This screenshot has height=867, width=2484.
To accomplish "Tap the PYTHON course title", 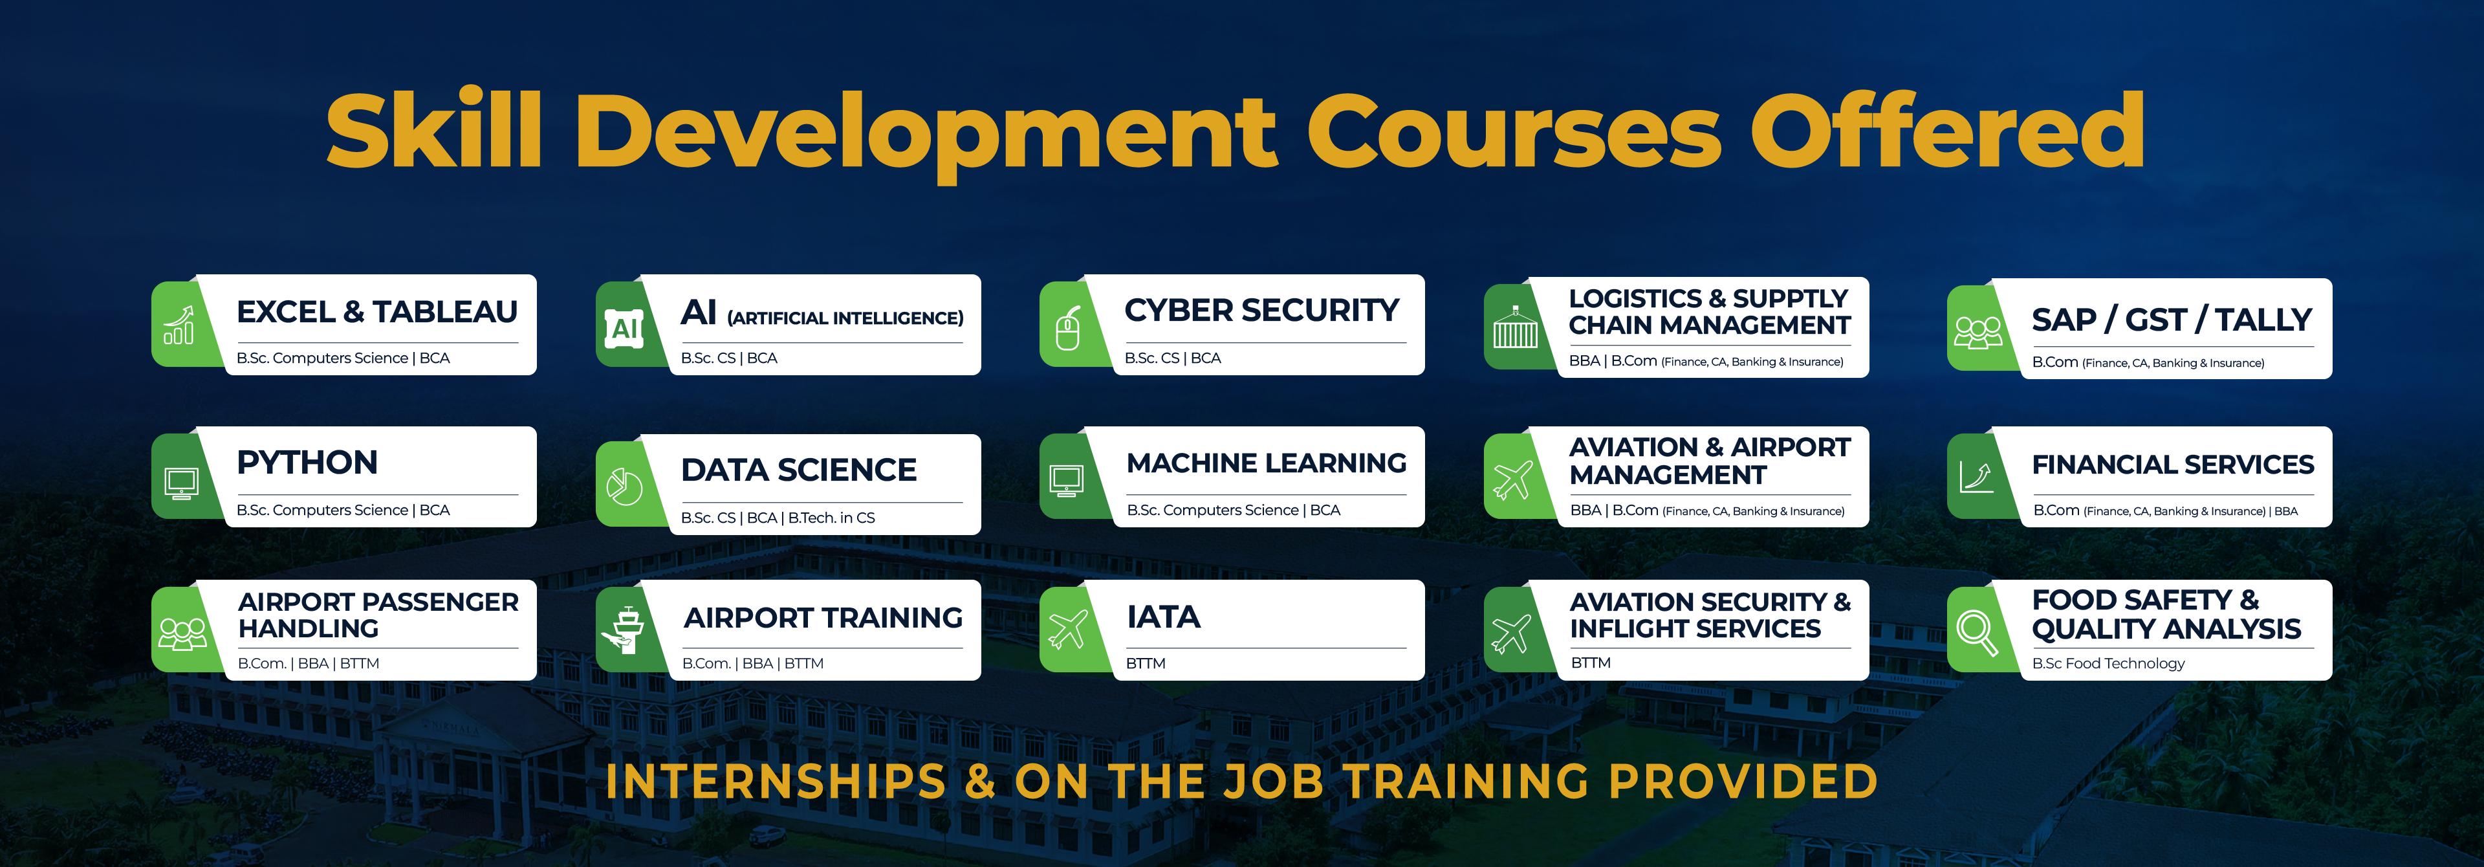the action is [307, 462].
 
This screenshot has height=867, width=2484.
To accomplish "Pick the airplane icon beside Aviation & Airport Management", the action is [1512, 479].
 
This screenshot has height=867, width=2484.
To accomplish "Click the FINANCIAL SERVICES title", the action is [2173, 465].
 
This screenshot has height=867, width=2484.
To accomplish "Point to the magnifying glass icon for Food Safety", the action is [1977, 633].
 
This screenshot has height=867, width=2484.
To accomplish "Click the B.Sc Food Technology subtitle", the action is [2108, 663].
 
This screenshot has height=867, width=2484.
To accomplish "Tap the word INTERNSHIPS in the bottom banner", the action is [776, 781].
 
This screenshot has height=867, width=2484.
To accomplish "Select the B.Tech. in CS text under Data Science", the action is [831, 518].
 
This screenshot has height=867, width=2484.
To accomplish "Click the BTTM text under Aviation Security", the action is [1590, 663].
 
